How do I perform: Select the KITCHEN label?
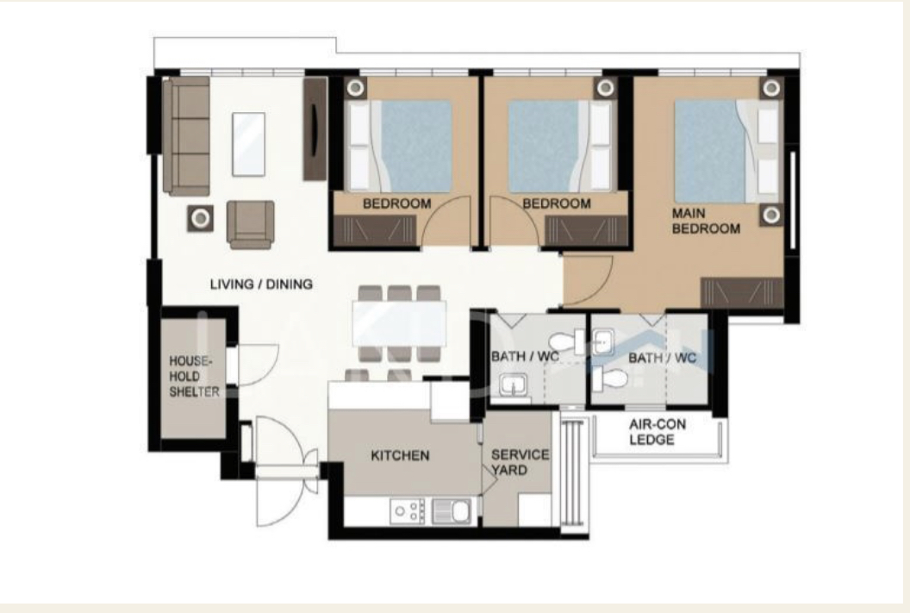(x=400, y=456)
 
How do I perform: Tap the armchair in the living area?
(x=251, y=223)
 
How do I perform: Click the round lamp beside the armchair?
(x=200, y=218)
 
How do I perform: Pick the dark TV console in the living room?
(x=315, y=129)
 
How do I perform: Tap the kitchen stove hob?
(x=408, y=510)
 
